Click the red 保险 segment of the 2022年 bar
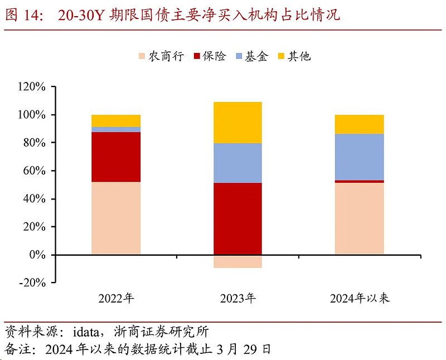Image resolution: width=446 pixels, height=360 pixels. (x=116, y=157)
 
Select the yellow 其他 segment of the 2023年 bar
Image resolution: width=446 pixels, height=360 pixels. (x=237, y=123)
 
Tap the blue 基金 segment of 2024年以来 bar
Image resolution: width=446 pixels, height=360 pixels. (x=359, y=157)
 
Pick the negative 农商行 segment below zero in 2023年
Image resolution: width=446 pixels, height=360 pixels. (x=237, y=261)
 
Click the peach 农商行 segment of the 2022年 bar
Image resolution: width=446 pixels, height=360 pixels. (x=116, y=218)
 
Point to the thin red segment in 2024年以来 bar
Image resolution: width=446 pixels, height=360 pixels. (x=359, y=181)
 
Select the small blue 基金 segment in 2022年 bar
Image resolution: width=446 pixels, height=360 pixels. (x=116, y=129)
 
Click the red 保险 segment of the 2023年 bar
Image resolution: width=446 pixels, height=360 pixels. (x=237, y=218)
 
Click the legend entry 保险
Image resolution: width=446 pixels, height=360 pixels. (x=209, y=56)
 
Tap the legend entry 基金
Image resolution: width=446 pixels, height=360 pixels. (x=251, y=56)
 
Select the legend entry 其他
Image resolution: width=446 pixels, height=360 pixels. (x=293, y=56)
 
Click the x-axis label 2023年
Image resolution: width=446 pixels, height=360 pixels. (x=237, y=299)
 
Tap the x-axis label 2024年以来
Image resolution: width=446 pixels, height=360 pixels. (x=359, y=299)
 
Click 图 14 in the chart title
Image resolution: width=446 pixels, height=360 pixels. (x=22, y=15)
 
